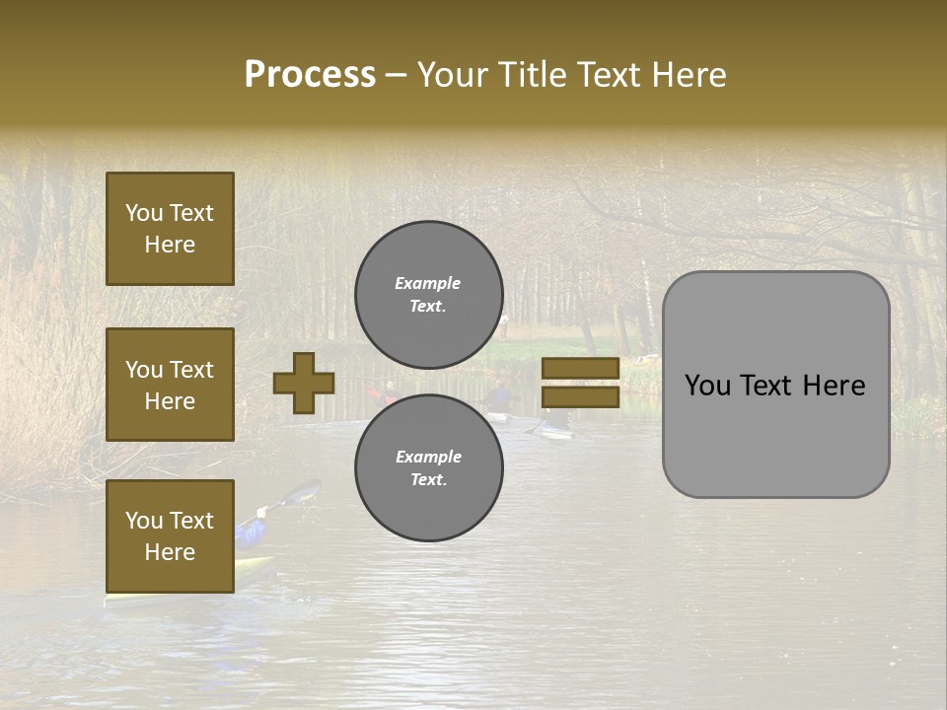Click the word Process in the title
tap(310, 74)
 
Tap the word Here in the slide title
tap(685, 74)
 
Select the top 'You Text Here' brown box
tap(170, 229)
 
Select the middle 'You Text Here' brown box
tap(170, 385)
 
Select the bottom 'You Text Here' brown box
tap(170, 535)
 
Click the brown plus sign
tap(304, 383)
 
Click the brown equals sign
tap(580, 383)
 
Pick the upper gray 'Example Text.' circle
tap(429, 294)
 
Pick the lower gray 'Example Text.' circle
tap(429, 467)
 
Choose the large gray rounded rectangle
tap(775, 385)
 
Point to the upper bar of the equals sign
tap(580, 369)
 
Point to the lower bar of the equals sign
tap(580, 396)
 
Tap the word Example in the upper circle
tap(428, 283)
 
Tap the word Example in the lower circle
tap(428, 457)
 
